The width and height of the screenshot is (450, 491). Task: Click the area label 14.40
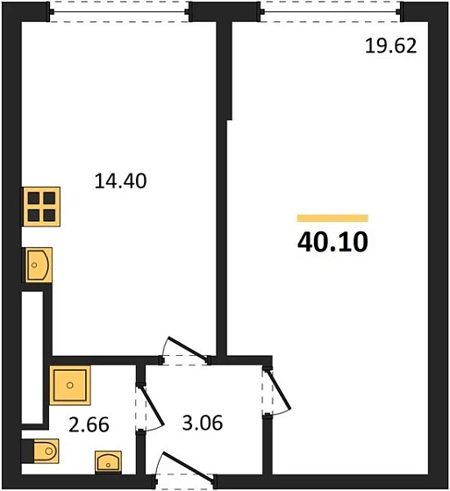point(119,181)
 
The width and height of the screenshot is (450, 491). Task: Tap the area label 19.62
point(390,46)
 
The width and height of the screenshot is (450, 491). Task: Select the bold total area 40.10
point(332,240)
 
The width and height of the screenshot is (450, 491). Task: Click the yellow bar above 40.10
point(332,217)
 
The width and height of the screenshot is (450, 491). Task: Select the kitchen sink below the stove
point(38,265)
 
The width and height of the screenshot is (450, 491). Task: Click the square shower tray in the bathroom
point(69,384)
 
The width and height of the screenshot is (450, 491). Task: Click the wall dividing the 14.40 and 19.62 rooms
point(224,219)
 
